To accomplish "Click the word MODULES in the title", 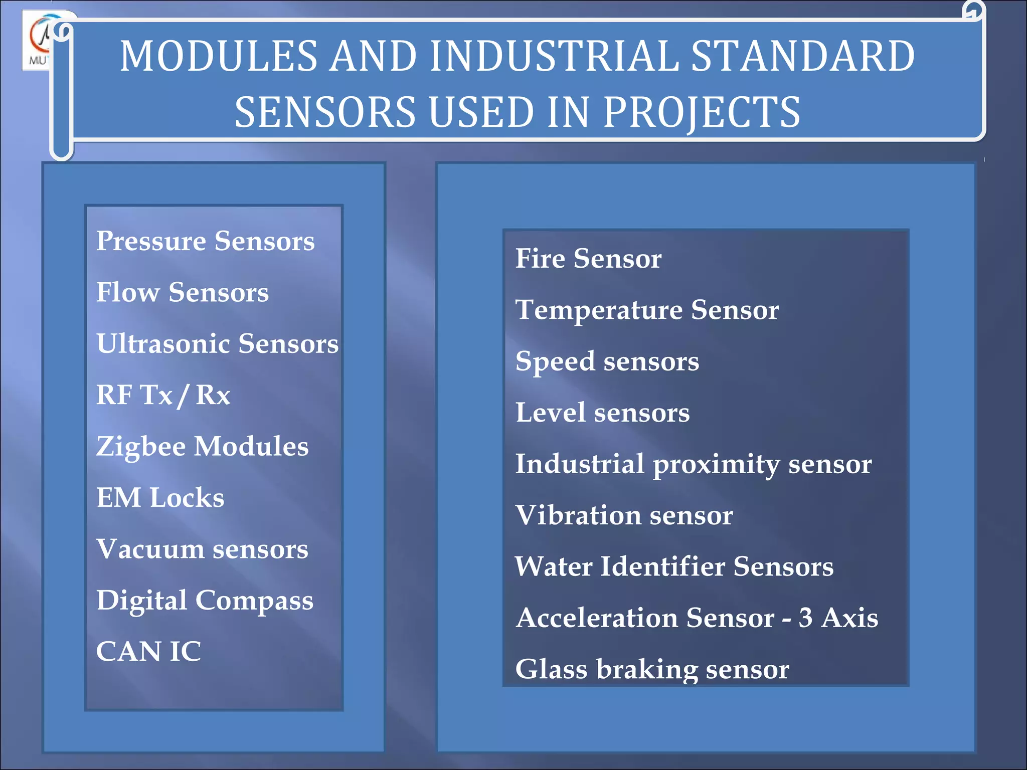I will [x=219, y=56].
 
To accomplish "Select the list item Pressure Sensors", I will [x=205, y=242].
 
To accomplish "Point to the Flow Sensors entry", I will [x=182, y=293].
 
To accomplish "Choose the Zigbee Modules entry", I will [x=202, y=447].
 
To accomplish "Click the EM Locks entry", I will [x=160, y=498].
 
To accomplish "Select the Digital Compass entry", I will [x=205, y=601].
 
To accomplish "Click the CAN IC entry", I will [x=148, y=652].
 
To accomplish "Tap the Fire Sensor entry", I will [x=588, y=259].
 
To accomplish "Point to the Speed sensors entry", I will [x=607, y=362].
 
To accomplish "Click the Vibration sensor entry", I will [x=624, y=515].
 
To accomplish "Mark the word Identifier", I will [x=662, y=566].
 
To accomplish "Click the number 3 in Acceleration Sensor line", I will [x=805, y=618].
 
